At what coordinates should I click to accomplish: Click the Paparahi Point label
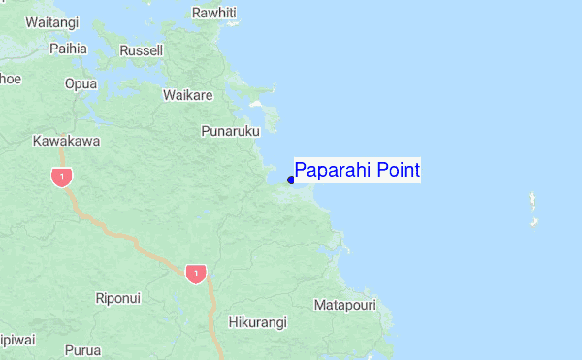pyautogui.click(x=357, y=172)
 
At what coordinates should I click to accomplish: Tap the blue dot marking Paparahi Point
pyautogui.click(x=291, y=180)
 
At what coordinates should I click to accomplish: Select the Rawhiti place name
pyautogui.click(x=213, y=13)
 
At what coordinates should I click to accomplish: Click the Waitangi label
pyautogui.click(x=52, y=21)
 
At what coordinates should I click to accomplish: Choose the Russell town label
pyautogui.click(x=141, y=49)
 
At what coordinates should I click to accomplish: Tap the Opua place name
pyautogui.click(x=81, y=83)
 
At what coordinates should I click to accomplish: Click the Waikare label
pyautogui.click(x=188, y=95)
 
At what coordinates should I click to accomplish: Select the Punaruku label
pyautogui.click(x=230, y=130)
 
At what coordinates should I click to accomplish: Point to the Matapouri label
pyautogui.click(x=345, y=305)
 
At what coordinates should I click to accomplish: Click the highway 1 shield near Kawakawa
pyautogui.click(x=62, y=177)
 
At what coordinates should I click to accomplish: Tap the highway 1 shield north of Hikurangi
pyautogui.click(x=196, y=274)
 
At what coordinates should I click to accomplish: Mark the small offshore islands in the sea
pyautogui.click(x=533, y=209)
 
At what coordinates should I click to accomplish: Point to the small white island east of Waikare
pyautogui.click(x=256, y=102)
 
